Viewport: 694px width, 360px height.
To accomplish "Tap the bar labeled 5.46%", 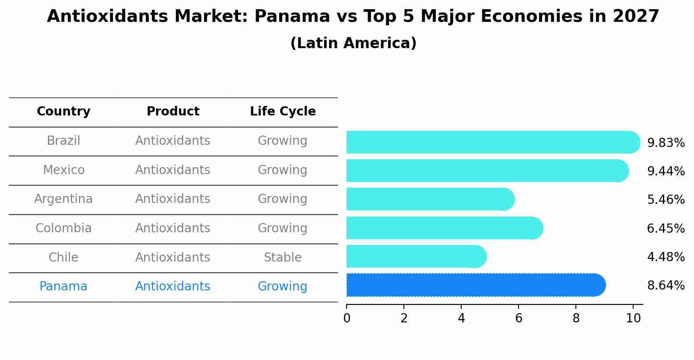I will pos(430,199).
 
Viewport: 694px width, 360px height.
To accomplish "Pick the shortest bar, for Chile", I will pos(416,256).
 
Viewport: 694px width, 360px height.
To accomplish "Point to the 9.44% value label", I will pos(666,171).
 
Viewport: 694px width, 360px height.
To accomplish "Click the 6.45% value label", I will pos(666,228).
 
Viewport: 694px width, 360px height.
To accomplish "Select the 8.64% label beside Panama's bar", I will pos(666,286).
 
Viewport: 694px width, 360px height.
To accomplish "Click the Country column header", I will pos(63,112).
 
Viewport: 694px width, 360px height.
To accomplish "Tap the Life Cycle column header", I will pos(283,112).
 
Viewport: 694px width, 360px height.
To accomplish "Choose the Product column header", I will pos(173,112).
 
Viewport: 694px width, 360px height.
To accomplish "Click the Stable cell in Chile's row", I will pos(283,257).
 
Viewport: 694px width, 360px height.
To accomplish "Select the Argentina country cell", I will pos(63,199).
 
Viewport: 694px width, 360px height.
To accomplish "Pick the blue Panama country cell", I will pos(63,287).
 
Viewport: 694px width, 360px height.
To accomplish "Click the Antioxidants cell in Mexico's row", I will pos(173,170).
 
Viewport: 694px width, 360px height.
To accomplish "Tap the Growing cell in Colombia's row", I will pos(283,228).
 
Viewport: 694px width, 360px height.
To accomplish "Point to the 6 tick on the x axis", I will pos(519,318).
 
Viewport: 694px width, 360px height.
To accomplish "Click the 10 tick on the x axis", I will pos(633,318).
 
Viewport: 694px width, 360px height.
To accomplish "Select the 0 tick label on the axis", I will pos(347,318).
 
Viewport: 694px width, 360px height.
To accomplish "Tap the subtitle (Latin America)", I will pos(353,43).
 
